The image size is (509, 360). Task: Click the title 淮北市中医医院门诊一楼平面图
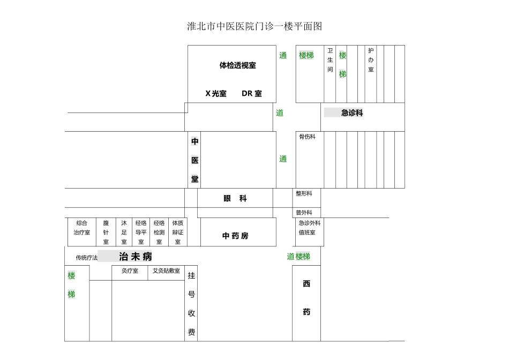[x=254, y=26]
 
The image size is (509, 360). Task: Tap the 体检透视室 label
[x=237, y=65]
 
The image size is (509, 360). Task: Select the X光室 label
[x=216, y=93]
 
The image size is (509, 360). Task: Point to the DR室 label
[x=251, y=93]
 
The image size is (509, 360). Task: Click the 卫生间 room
[x=330, y=60]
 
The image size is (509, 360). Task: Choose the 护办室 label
[x=371, y=60]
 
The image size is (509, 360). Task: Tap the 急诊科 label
[x=352, y=113]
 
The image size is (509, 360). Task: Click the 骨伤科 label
[x=308, y=137]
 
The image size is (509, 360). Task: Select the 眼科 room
[x=235, y=198]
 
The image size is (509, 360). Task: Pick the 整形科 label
[x=304, y=193]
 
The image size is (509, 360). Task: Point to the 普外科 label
[x=304, y=213]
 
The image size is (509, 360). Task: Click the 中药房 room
[x=236, y=235]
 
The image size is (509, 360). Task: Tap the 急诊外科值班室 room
[x=309, y=228]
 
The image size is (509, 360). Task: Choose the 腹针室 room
[x=106, y=232]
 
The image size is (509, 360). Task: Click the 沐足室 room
[x=124, y=232]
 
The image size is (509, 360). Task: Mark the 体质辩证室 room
[x=177, y=232]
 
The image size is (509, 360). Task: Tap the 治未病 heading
[x=136, y=257]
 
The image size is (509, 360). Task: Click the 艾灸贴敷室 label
[x=166, y=271]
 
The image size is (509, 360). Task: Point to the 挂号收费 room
[x=191, y=304]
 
